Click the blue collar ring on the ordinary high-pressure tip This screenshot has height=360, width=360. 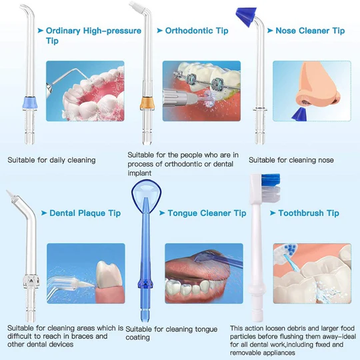29,103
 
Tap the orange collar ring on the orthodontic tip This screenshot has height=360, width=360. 147,103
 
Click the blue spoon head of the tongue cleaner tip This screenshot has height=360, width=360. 146,193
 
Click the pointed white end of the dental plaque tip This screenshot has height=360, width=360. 9,194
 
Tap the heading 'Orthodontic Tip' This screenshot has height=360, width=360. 197,31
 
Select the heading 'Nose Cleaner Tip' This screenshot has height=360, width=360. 310,31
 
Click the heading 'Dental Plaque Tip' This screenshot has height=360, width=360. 85,213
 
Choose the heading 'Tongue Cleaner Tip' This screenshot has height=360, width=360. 207,213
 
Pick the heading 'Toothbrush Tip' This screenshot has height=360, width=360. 309,213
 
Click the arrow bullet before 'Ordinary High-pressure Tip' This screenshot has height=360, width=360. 41,30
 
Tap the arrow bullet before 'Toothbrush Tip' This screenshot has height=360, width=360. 273,213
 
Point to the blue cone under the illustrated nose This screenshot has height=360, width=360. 299,114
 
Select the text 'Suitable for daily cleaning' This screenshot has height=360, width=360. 51,160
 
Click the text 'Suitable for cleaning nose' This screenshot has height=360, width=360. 291,160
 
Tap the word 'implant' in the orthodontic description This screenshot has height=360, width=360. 139,173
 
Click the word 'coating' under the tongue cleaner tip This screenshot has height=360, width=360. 137,337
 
